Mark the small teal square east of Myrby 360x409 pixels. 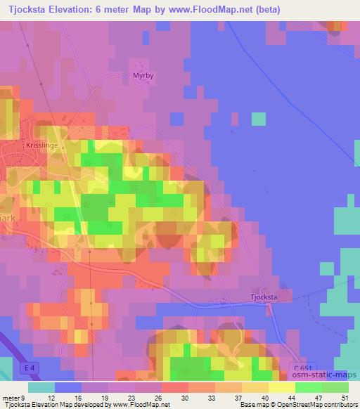point(258,119)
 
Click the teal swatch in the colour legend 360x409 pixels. point(42,387)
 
